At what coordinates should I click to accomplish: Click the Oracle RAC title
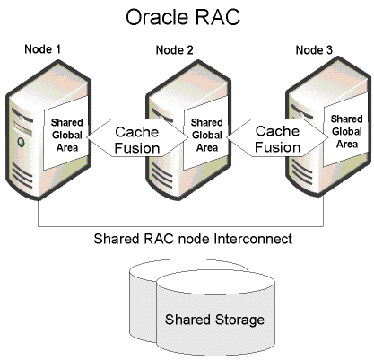click(x=183, y=17)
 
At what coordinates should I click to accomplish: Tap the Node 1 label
click(x=42, y=49)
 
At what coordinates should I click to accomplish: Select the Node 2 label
click(x=175, y=50)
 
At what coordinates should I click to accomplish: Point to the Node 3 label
click(x=314, y=50)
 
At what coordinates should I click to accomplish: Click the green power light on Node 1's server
click(x=21, y=142)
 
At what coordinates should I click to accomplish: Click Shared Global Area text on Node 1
click(x=67, y=135)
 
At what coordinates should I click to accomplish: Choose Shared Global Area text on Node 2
click(x=207, y=135)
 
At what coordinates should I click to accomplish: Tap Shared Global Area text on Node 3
click(x=347, y=132)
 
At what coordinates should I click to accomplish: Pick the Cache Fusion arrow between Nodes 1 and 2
click(x=137, y=137)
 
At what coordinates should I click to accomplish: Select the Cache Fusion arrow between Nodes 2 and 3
click(x=277, y=137)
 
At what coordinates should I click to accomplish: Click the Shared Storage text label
click(x=214, y=320)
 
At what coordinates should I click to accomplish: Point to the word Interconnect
click(x=253, y=239)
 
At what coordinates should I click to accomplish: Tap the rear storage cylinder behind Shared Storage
click(x=143, y=299)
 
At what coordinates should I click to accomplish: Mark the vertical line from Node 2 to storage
click(x=178, y=236)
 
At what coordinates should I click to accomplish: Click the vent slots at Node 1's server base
click(x=22, y=177)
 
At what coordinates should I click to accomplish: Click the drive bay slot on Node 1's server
click(x=22, y=128)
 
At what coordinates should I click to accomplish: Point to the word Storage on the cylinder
click(x=239, y=320)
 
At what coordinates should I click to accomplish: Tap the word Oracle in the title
click(x=155, y=17)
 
